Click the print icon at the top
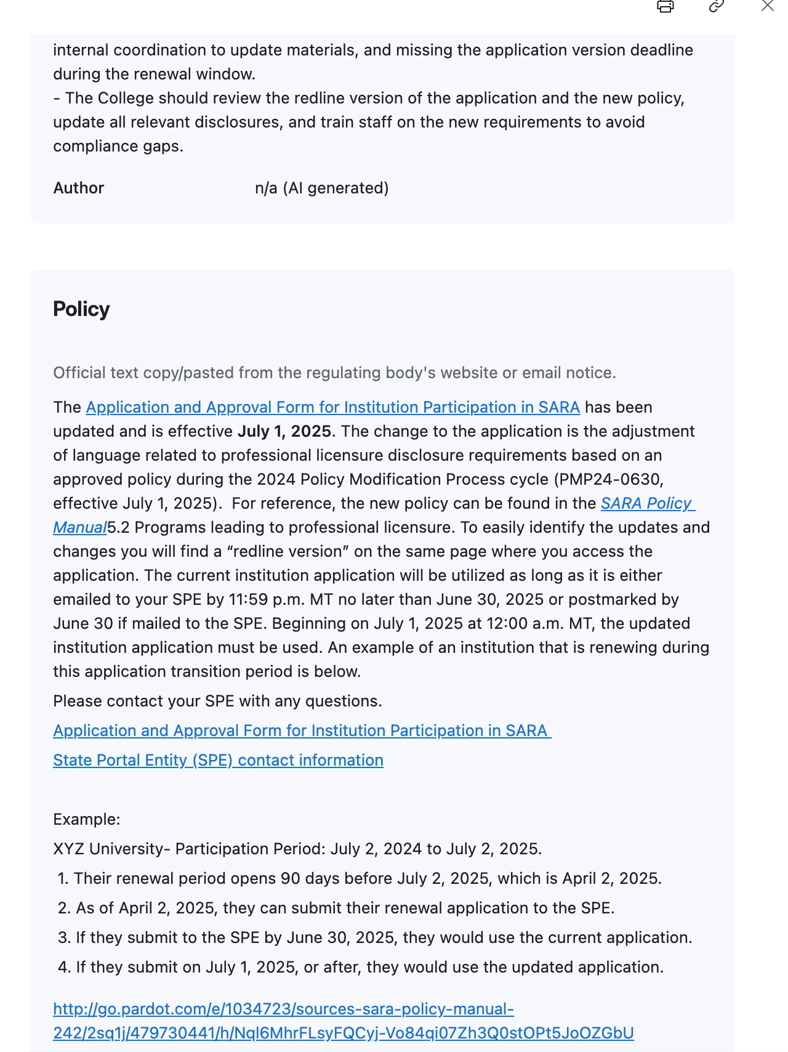tap(665, 6)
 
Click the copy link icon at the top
tap(716, 6)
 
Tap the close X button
tap(767, 6)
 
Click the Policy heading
tap(81, 309)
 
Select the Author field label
tap(79, 188)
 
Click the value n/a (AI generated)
tap(321, 188)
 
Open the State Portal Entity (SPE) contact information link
tap(218, 760)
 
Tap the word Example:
tap(87, 819)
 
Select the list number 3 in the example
tap(63, 937)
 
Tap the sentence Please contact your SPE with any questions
tap(217, 701)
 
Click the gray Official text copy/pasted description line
tap(334, 373)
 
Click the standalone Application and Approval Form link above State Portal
tap(302, 730)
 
